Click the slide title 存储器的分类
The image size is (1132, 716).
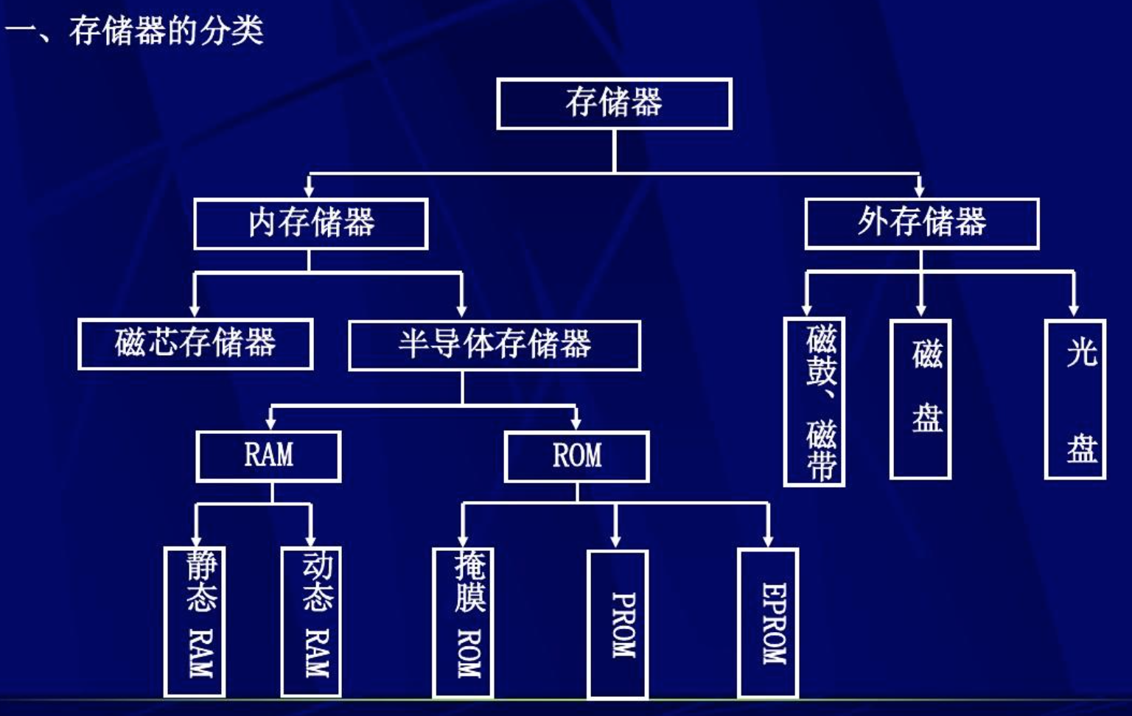[x=165, y=31]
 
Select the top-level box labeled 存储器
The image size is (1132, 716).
[x=614, y=104]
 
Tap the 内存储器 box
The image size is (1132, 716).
[x=310, y=223]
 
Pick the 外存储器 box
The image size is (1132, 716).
[x=921, y=223]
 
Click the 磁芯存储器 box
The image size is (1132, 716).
[x=195, y=344]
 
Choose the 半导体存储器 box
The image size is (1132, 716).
[x=495, y=345]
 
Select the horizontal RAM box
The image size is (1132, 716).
[x=268, y=457]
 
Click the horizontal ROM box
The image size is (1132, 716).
[x=576, y=457]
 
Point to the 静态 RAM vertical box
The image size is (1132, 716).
[x=195, y=621]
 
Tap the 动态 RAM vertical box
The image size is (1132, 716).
[x=311, y=621]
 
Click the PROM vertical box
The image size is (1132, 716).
[x=618, y=623]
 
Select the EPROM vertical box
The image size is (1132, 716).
[x=768, y=622]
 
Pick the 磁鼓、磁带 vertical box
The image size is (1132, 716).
[x=814, y=402]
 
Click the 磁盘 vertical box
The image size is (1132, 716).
[x=920, y=399]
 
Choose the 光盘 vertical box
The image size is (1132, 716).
[x=1075, y=399]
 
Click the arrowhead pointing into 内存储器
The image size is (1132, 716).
[x=310, y=190]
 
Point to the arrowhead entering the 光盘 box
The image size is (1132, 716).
[x=1074, y=309]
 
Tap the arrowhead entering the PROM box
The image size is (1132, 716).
[x=615, y=541]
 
